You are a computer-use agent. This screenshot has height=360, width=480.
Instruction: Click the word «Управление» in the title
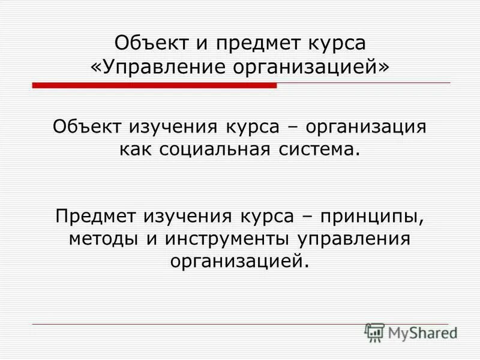tap(155, 67)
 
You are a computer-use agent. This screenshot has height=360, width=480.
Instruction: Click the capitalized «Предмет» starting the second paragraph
tap(96, 215)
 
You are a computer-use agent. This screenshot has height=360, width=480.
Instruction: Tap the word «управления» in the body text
tap(354, 238)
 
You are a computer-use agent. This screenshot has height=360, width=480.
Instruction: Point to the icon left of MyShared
tap(374, 332)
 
